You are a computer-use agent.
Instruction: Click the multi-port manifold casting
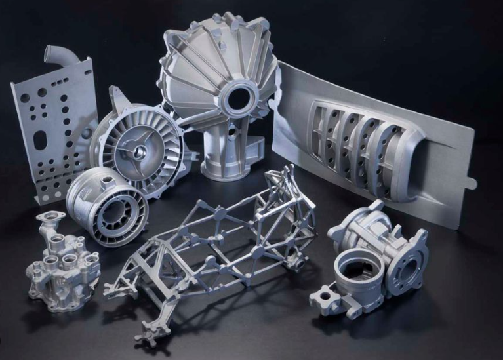59,262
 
